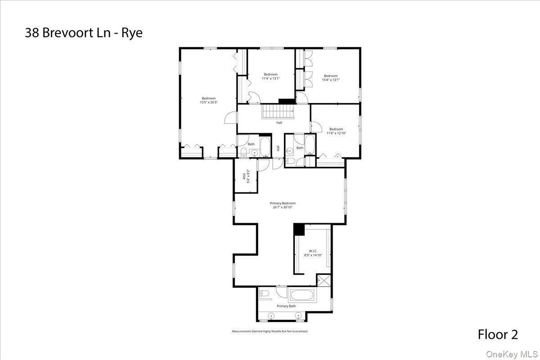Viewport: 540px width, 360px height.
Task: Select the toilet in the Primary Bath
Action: (x=265, y=294)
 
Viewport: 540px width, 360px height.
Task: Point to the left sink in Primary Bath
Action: (x=271, y=316)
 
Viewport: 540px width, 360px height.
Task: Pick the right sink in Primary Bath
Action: (x=298, y=316)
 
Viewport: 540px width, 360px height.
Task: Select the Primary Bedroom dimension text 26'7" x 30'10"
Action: (x=283, y=207)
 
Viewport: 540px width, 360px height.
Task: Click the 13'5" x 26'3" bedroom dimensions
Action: (x=209, y=102)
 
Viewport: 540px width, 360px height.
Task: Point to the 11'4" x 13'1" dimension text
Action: (x=271, y=78)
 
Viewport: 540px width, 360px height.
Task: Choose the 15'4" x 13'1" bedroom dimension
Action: (x=331, y=80)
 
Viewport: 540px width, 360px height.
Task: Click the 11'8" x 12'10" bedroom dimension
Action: (x=336, y=133)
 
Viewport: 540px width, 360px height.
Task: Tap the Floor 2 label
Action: (x=498, y=334)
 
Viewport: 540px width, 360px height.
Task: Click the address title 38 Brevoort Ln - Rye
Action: (x=84, y=33)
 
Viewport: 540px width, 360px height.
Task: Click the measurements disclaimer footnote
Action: (x=270, y=331)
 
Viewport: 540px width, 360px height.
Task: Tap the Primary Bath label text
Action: (x=286, y=306)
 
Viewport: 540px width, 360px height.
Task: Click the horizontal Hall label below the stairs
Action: (x=279, y=122)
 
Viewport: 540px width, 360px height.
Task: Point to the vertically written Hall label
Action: (x=278, y=148)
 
